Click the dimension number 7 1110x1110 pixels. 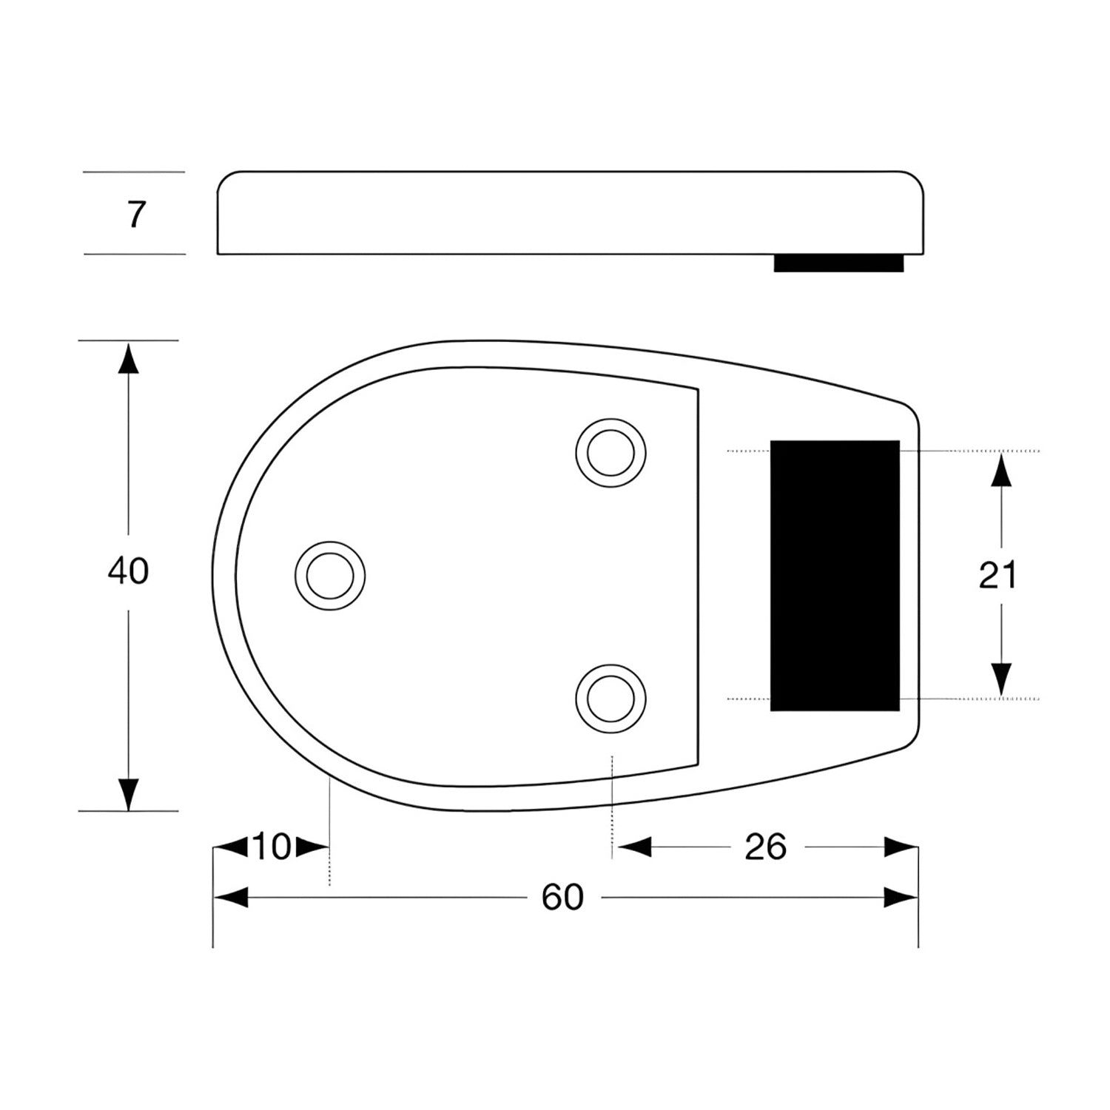(135, 215)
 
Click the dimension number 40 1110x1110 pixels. (128, 571)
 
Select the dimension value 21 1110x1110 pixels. (998, 575)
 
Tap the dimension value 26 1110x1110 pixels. (765, 847)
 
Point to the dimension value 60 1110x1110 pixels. (562, 898)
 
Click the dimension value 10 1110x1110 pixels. (272, 847)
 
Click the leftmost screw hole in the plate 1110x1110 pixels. (330, 575)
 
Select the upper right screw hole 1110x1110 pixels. (610, 452)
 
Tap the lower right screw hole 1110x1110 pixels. (610, 698)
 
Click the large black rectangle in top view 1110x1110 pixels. (835, 575)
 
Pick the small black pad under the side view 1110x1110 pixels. (838, 263)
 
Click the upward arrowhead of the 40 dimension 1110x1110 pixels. (129, 358)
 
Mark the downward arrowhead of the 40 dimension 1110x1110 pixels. (129, 793)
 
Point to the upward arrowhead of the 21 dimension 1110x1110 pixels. (1001, 470)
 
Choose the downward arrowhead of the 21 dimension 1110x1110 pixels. (1001, 680)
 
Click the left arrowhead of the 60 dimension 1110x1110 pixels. (229, 898)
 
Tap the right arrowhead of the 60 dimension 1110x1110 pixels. (901, 898)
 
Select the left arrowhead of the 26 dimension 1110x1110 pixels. (633, 847)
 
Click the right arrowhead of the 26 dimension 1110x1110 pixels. (901, 847)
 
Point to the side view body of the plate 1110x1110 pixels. (570, 214)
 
